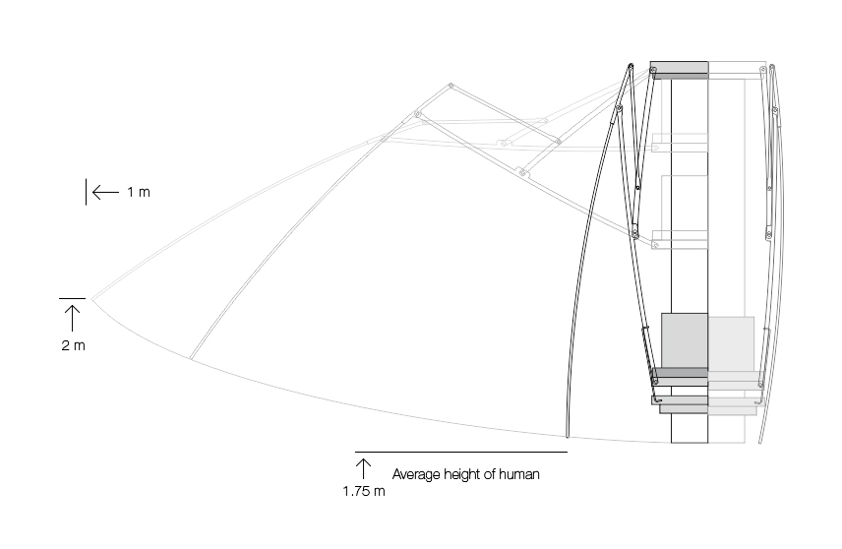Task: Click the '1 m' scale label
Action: coord(139,192)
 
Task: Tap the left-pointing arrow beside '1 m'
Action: coord(104,192)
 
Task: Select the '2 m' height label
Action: coord(73,345)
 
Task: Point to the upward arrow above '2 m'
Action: coord(73,317)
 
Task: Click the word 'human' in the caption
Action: coord(519,474)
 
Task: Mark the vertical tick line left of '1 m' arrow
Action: coord(87,192)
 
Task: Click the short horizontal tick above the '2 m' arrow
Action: coord(73,297)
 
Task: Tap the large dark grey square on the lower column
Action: coord(684,340)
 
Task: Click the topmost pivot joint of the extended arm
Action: coord(449,88)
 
